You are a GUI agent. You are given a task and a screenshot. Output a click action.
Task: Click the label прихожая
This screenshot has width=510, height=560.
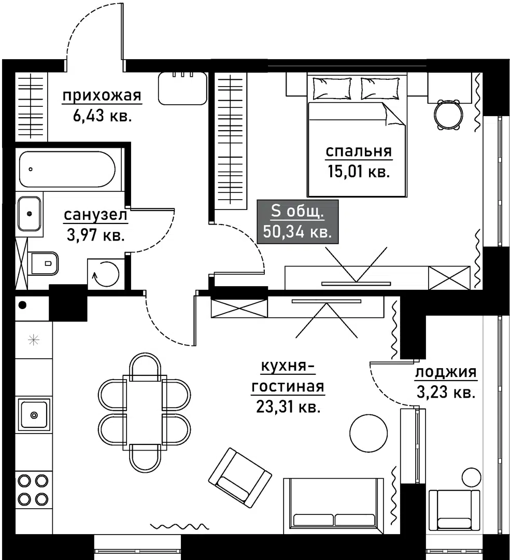(102, 96)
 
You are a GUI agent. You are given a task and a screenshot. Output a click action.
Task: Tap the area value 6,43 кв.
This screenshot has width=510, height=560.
(103, 116)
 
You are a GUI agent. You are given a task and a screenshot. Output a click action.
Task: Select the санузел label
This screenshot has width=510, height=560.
(95, 215)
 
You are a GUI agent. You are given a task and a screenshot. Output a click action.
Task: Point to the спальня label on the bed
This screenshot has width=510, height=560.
(359, 151)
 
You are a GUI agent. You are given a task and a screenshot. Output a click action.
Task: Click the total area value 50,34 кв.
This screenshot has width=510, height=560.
(297, 232)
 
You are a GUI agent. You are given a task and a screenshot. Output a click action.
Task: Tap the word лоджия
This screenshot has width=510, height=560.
(446, 372)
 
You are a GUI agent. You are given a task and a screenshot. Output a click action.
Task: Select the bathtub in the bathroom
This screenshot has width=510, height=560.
(67, 169)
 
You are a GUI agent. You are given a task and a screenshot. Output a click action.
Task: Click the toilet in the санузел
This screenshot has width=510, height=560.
(45, 263)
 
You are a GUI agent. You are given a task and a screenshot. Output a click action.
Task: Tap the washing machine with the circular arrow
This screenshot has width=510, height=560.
(106, 274)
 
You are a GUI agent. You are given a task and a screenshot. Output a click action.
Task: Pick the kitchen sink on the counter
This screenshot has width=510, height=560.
(34, 415)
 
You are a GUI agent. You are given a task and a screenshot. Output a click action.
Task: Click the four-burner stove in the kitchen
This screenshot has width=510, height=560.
(33, 489)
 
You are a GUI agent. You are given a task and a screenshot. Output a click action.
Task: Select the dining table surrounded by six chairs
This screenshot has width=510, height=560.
(145, 413)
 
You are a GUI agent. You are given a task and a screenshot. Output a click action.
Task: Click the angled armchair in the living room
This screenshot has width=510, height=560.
(240, 478)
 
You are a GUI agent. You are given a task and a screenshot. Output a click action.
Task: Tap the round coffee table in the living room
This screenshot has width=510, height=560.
(369, 433)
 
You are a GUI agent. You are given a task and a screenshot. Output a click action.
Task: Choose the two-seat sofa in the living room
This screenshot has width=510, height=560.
(334, 503)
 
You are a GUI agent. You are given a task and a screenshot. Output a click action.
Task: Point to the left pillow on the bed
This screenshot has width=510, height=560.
(332, 88)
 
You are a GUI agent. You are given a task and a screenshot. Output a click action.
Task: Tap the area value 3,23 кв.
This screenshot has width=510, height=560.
(446, 393)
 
